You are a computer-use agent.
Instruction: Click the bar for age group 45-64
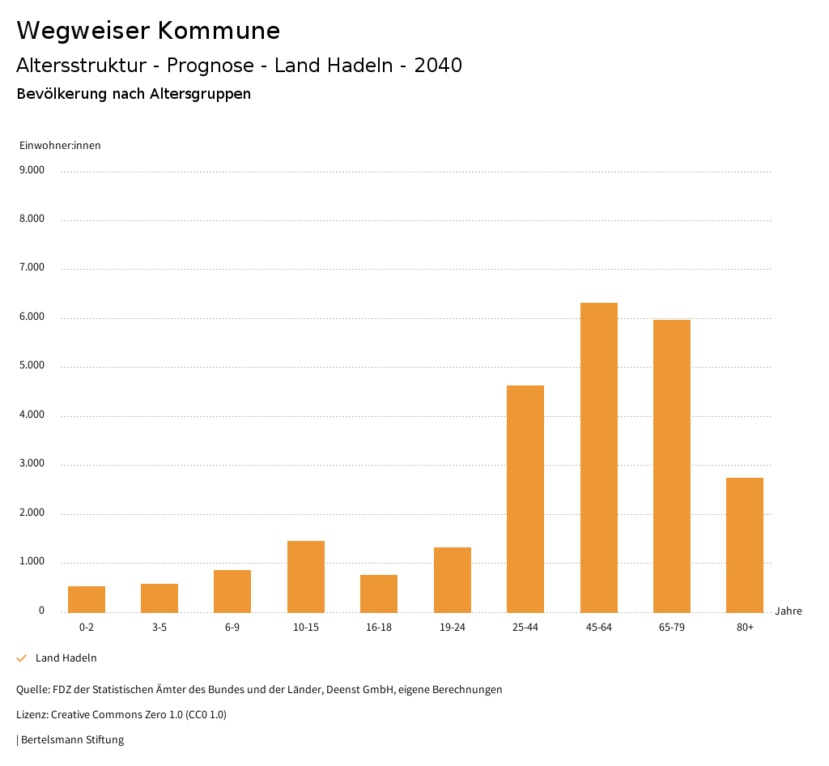[x=598, y=457]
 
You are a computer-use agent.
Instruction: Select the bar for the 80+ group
[x=745, y=545]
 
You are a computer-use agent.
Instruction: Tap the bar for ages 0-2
[x=87, y=599]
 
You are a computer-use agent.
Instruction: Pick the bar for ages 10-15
[x=306, y=577]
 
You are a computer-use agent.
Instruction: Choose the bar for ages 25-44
[x=525, y=499]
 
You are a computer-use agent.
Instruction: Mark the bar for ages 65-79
[x=672, y=466]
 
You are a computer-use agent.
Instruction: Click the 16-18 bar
[x=379, y=594]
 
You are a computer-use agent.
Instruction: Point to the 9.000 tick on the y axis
[x=32, y=170]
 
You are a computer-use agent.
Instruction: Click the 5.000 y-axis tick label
[x=32, y=366]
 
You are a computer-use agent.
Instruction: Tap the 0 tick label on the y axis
[x=41, y=611]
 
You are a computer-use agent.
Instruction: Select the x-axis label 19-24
[x=452, y=628]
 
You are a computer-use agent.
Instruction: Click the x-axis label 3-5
[x=159, y=628]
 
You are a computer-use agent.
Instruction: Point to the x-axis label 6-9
[x=232, y=628]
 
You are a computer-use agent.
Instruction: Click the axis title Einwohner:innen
[x=60, y=146]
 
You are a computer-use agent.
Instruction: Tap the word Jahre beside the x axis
[x=788, y=611]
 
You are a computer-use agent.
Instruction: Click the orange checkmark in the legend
[x=22, y=658]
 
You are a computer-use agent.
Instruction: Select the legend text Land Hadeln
[x=66, y=658]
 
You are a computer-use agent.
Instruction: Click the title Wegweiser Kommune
[x=148, y=31]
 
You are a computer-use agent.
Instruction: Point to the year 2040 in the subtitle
[x=438, y=66]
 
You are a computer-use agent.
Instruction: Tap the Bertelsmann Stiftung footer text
[x=72, y=739]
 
